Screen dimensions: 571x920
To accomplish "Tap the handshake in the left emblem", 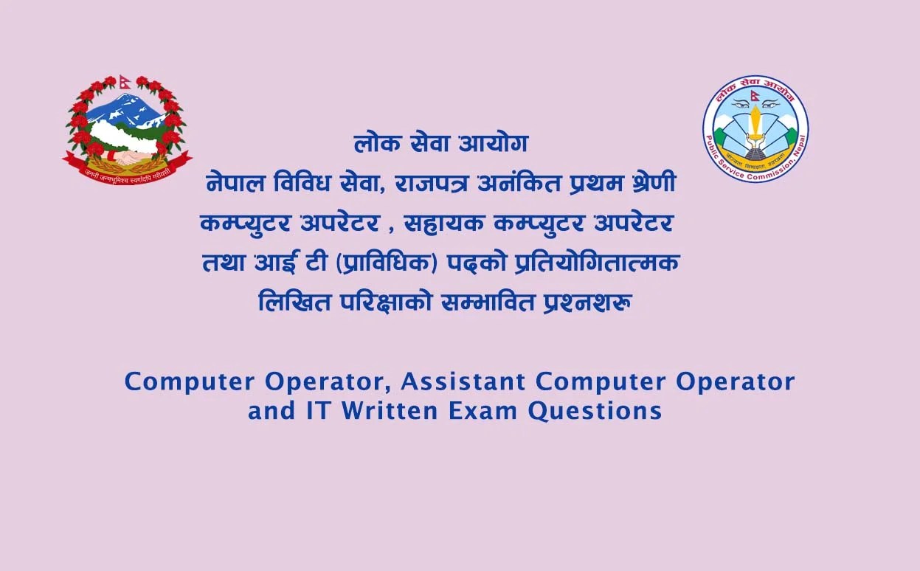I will click(127, 157).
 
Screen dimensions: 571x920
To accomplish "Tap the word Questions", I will click(595, 410).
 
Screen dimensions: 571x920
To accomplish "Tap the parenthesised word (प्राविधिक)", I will click(387, 262).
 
